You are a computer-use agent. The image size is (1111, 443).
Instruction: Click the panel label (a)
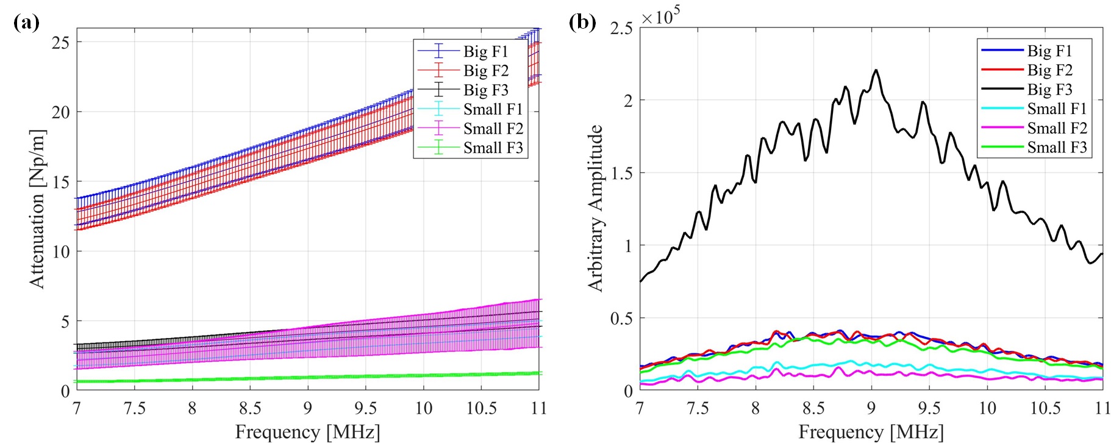click(x=26, y=23)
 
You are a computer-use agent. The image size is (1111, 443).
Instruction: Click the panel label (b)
click(x=582, y=23)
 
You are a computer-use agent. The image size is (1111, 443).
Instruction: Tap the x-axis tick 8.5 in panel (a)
click(x=250, y=408)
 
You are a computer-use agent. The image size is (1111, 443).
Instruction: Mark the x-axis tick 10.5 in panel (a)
click(x=481, y=408)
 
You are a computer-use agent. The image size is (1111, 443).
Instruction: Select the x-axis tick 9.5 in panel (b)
click(x=929, y=408)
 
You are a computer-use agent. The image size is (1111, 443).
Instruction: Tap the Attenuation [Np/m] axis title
click(x=37, y=209)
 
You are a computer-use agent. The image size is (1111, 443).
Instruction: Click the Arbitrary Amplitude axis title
click(x=595, y=209)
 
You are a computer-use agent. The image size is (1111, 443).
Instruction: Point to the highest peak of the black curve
click(x=876, y=70)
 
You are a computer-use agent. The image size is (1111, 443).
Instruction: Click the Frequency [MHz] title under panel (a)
click(x=307, y=432)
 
